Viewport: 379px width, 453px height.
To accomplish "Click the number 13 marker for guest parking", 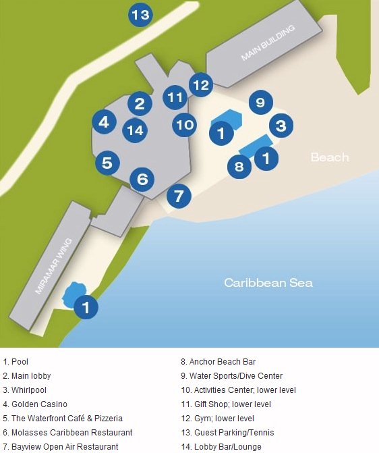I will point(140,15).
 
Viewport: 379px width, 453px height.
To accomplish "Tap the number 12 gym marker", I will point(200,85).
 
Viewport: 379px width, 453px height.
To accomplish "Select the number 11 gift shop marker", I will point(175,97).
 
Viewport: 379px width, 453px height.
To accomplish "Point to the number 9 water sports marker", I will point(260,103).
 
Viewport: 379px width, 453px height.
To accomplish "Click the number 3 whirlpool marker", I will point(281,125).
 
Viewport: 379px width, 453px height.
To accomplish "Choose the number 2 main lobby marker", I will point(140,103).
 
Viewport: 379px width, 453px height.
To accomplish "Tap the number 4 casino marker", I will point(103,122).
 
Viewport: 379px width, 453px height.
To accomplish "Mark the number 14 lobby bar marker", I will point(135,130).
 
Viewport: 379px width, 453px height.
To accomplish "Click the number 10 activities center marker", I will point(184,124).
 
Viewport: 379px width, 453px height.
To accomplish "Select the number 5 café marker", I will point(107,162).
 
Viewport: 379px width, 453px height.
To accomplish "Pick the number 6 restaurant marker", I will point(142,179).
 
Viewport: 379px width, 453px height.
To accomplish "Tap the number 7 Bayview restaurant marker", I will point(179,196).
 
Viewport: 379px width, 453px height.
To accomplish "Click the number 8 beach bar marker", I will point(239,165).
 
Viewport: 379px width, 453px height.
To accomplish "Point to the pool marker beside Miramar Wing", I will point(86,307).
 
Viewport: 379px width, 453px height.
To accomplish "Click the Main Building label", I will point(268,45).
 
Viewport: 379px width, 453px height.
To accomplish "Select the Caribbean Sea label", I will point(268,283).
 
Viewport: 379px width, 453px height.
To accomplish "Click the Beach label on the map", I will point(330,157).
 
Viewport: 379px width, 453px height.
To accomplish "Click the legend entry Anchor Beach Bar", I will point(223,361).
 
